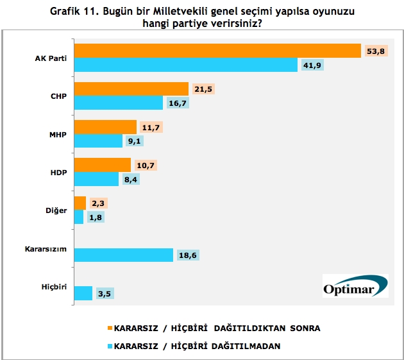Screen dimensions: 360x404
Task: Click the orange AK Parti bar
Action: pyautogui.click(x=217, y=50)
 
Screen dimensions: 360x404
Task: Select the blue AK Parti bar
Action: pyautogui.click(x=186, y=65)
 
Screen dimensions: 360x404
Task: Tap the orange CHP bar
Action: pyautogui.click(x=131, y=89)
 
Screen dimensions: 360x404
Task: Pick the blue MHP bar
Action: pyautogui.click(x=98, y=141)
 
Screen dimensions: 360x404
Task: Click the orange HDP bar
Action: pyautogui.click(x=103, y=165)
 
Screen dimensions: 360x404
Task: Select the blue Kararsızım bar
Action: pyautogui.click(x=124, y=255)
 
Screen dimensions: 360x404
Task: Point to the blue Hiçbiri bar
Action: pyautogui.click(x=83, y=293)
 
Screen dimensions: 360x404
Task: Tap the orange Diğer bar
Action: pyautogui.click(x=80, y=203)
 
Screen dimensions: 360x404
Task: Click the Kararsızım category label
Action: pyautogui.click(x=47, y=248)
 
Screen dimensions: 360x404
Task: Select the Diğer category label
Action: pyautogui.click(x=56, y=210)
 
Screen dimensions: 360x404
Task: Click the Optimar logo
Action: pyautogui.click(x=355, y=286)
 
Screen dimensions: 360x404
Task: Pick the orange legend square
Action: pyautogui.click(x=110, y=328)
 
